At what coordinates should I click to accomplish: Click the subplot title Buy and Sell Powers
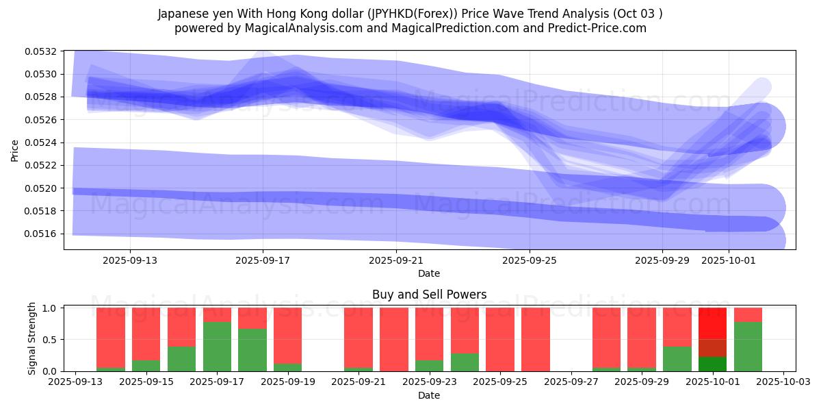tap(429, 295)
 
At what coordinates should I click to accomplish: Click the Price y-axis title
tap(15, 151)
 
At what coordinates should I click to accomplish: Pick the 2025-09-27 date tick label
tap(571, 382)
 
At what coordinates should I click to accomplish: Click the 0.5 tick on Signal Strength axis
tap(50, 340)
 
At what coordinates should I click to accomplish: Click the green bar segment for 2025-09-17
tap(217, 347)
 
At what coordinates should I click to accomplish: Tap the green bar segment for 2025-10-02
tap(748, 347)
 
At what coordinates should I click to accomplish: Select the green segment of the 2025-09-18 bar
tap(252, 350)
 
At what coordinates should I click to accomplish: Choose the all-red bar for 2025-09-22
tap(394, 339)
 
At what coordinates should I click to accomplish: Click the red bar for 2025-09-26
tap(536, 339)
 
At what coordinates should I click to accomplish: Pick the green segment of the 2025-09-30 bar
tap(677, 359)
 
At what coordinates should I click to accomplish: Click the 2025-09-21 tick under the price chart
tap(396, 260)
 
